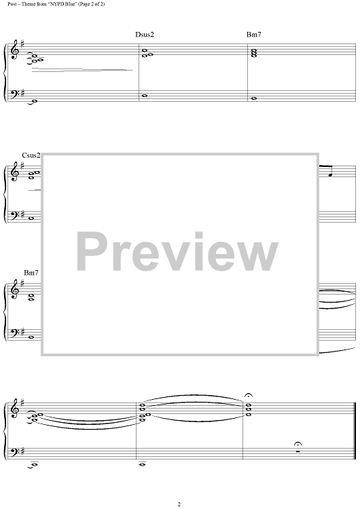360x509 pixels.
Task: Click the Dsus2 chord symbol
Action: (x=145, y=35)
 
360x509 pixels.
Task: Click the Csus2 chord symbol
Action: (x=31, y=155)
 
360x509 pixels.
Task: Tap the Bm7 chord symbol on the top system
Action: (x=254, y=35)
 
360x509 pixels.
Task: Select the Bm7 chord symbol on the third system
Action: (x=31, y=273)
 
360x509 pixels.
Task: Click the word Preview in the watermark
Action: (x=177, y=252)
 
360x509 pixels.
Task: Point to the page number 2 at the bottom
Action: (x=179, y=504)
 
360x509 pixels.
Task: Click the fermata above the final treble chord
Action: (x=249, y=396)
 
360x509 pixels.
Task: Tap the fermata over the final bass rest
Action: (x=298, y=444)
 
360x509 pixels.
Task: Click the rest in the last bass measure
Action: (x=298, y=451)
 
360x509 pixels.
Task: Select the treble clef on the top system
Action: (x=15, y=50)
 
